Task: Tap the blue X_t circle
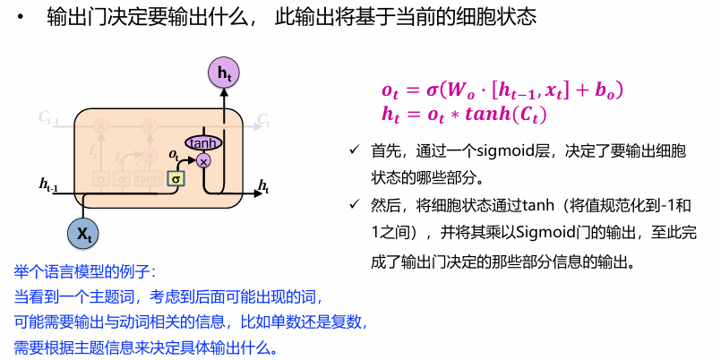tap(82, 233)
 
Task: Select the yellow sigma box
tap(176, 178)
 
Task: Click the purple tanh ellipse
tap(203, 143)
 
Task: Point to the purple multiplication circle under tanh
tap(203, 160)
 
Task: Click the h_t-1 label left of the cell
tap(48, 184)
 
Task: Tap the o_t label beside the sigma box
tap(174, 155)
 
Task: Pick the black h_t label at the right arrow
tap(263, 186)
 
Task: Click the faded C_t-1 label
tap(48, 117)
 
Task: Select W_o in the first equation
tap(454, 91)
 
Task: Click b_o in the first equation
tap(608, 91)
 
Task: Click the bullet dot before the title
tap(20, 18)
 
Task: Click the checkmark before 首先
tap(354, 150)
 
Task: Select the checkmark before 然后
tap(354, 204)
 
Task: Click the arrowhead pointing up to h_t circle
tap(224, 93)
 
